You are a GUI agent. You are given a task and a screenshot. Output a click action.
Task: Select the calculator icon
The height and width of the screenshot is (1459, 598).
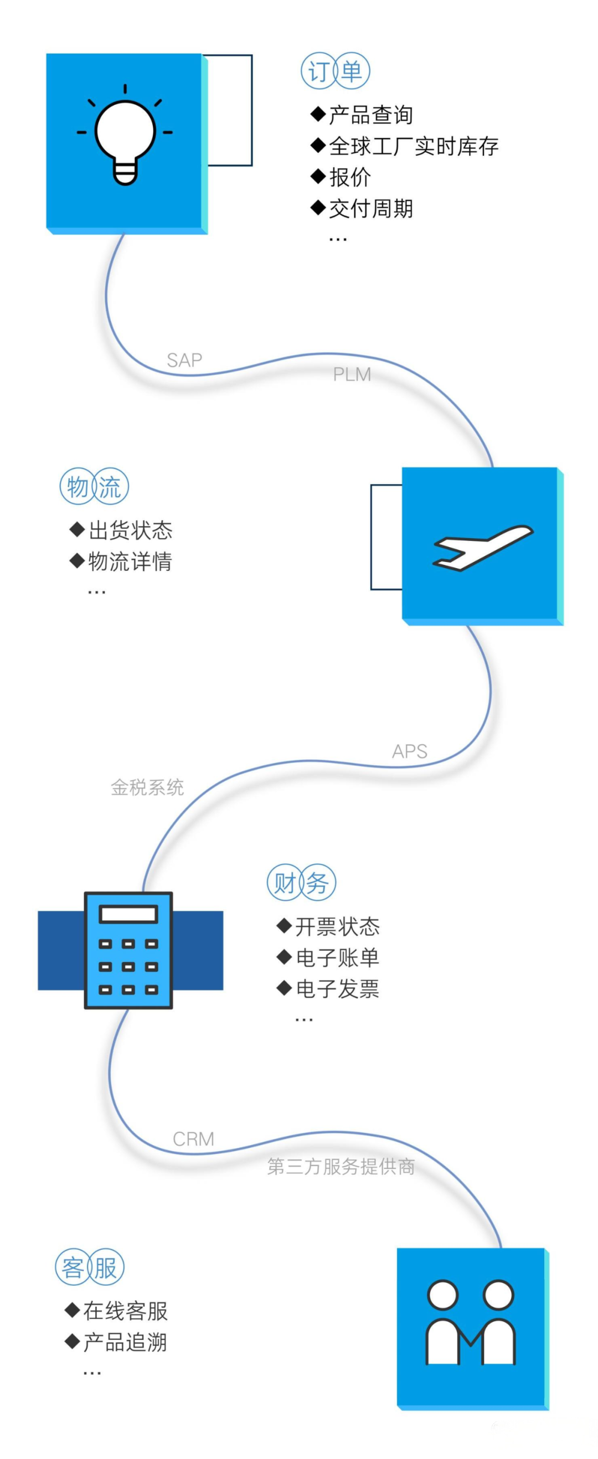pyautogui.click(x=128, y=950)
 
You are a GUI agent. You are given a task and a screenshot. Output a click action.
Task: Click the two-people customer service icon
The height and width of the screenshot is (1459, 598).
pyautogui.click(x=471, y=1321)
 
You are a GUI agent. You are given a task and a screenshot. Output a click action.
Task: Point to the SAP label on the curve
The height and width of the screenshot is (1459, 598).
pyautogui.click(x=184, y=360)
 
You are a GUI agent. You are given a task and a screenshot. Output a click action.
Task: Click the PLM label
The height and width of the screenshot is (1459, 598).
pyautogui.click(x=352, y=374)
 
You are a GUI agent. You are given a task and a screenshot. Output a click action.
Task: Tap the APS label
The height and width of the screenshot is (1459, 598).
pyautogui.click(x=409, y=751)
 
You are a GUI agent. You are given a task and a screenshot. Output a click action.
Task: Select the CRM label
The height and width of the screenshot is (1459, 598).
pyautogui.click(x=194, y=1139)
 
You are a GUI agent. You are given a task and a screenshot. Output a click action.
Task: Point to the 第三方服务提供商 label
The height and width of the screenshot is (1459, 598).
pyautogui.click(x=341, y=1166)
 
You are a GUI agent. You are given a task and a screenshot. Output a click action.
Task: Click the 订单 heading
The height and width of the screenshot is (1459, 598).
pyautogui.click(x=335, y=71)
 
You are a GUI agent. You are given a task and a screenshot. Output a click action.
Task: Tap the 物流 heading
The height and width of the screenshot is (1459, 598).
pyautogui.click(x=95, y=486)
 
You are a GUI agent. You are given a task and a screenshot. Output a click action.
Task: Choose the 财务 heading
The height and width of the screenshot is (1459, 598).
pyautogui.click(x=301, y=883)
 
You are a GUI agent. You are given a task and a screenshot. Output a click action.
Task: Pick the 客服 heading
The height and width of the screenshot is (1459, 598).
pyautogui.click(x=90, y=1267)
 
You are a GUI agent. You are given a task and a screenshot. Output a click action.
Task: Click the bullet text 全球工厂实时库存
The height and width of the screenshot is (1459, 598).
pyautogui.click(x=414, y=146)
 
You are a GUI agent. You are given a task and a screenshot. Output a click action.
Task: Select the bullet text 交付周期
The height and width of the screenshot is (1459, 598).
pyautogui.click(x=371, y=208)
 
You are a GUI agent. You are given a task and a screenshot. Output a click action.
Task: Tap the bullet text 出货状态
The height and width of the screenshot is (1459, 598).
pyautogui.click(x=130, y=530)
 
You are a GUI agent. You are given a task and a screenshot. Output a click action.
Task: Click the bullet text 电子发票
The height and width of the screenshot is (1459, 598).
pyautogui.click(x=338, y=988)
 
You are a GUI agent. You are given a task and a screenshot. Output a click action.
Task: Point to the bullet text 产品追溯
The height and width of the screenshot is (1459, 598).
pyautogui.click(x=125, y=1342)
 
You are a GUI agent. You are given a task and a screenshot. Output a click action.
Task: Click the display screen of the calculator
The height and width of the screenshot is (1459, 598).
pyautogui.click(x=128, y=914)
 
